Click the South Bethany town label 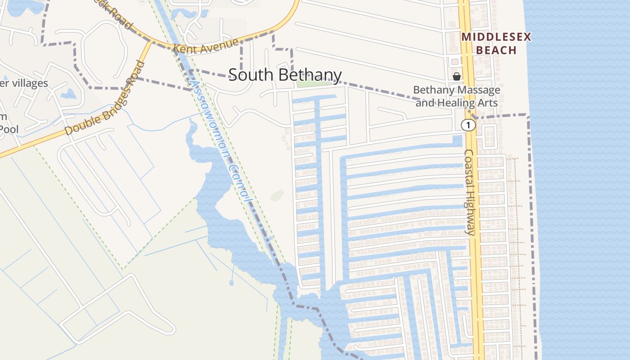pyautogui.click(x=285, y=75)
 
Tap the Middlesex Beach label pyautogui.click(x=496, y=43)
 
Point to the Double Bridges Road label pyautogui.click(x=105, y=99)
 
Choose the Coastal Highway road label pyautogui.click(x=469, y=192)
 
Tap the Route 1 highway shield pyautogui.click(x=468, y=125)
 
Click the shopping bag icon pyautogui.click(x=456, y=76)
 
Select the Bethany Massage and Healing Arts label pyautogui.click(x=456, y=96)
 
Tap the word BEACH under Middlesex pyautogui.click(x=496, y=50)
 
